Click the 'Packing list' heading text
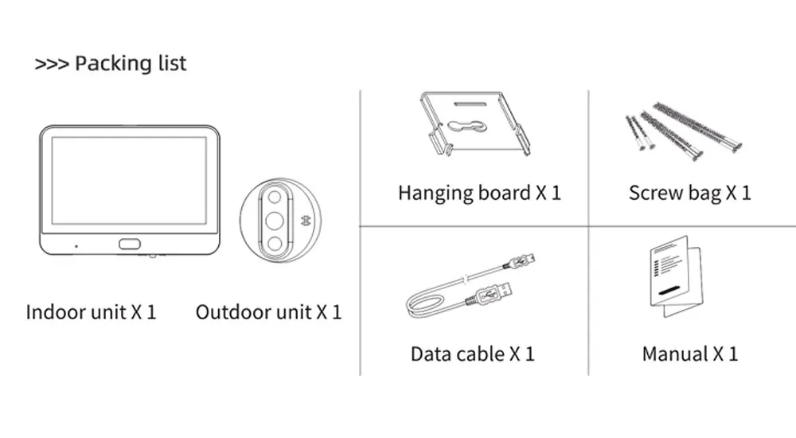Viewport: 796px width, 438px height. [x=131, y=64]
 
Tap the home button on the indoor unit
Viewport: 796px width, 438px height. [x=128, y=245]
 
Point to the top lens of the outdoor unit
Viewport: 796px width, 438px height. [x=274, y=197]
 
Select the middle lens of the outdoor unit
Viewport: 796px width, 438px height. [x=274, y=220]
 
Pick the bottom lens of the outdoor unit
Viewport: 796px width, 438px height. [x=274, y=243]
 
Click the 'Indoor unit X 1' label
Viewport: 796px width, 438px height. [x=92, y=311]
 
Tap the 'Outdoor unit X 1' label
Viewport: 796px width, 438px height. [x=268, y=311]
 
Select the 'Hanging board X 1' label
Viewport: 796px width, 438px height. [x=479, y=193]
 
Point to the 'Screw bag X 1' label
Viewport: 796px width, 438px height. [x=689, y=193]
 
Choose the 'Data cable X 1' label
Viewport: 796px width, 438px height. [x=473, y=354]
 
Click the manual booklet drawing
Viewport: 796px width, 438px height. [x=675, y=279]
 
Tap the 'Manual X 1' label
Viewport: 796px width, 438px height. [x=689, y=354]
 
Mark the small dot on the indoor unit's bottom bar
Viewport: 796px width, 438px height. [x=76, y=245]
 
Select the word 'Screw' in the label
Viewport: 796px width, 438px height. [x=655, y=193]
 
